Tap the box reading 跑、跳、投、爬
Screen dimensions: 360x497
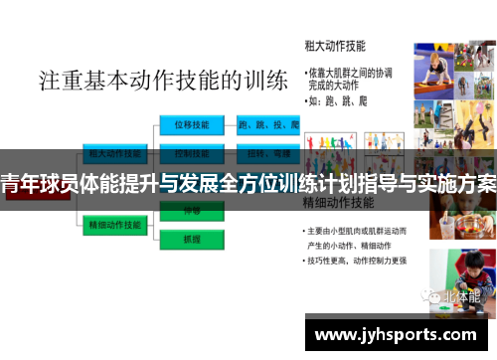[x=268, y=125]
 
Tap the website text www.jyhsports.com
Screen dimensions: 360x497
[x=395, y=335]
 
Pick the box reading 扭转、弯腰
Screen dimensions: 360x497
[x=268, y=153]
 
